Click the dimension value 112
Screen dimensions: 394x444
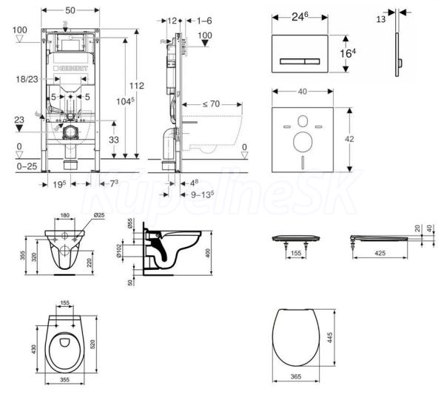(x=141, y=85)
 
